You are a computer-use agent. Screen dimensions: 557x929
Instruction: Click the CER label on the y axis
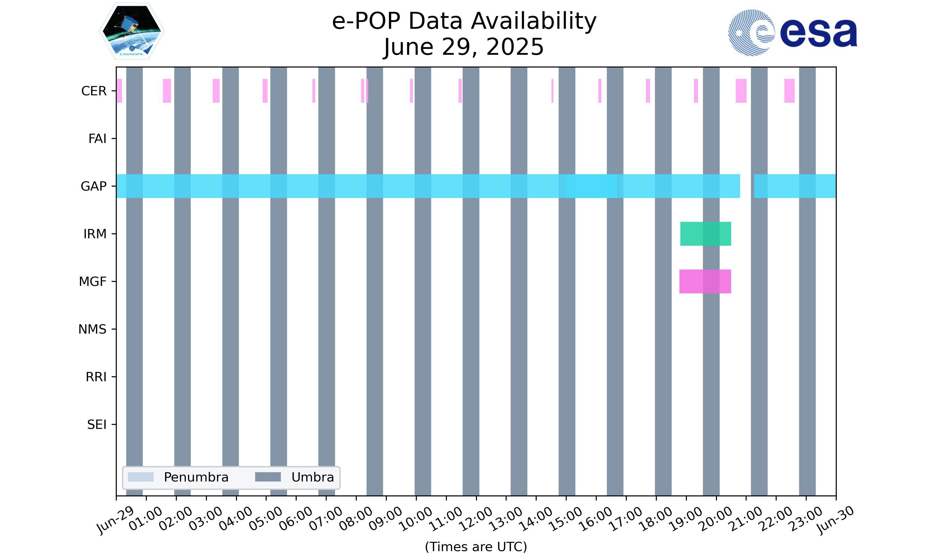pos(94,91)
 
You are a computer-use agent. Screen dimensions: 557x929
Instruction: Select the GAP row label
pos(94,186)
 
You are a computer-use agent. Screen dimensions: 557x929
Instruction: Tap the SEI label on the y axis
pos(97,425)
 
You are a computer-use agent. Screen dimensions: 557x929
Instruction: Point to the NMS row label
pos(92,329)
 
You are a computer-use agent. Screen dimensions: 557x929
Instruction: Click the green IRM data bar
pos(705,234)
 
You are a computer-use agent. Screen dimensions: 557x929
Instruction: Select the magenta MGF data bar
pos(705,282)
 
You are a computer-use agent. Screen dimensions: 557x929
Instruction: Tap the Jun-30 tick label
pos(835,520)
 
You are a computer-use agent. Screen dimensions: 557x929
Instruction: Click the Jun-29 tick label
pos(115,520)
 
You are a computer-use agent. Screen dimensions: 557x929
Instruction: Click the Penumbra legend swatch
pos(141,477)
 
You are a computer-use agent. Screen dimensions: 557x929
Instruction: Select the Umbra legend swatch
pos(268,477)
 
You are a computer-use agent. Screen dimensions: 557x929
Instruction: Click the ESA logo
pos(792,33)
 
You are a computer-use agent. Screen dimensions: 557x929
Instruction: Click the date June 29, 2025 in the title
pos(464,47)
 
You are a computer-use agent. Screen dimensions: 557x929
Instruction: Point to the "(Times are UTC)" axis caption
pos(476,547)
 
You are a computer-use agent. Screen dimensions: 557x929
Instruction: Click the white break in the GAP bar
pos(747,186)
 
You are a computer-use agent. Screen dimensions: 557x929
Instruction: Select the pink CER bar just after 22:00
pos(789,91)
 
